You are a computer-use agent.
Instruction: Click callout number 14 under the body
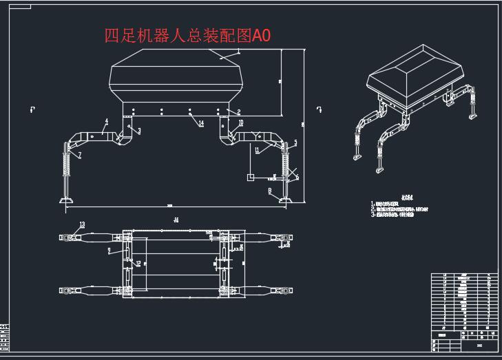[x=201, y=123]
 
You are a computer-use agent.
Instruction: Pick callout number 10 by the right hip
[x=241, y=123]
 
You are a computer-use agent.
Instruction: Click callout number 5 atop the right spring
[x=295, y=142]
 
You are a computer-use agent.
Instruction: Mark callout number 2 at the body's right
[x=238, y=112]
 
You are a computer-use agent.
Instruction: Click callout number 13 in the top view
[x=82, y=224]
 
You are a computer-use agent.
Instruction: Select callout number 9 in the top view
[x=109, y=251]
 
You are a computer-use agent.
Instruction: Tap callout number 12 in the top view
[x=138, y=263]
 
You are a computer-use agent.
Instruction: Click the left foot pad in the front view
[x=66, y=200]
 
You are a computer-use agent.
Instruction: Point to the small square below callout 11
[x=251, y=178]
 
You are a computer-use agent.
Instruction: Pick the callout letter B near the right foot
[x=270, y=189]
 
